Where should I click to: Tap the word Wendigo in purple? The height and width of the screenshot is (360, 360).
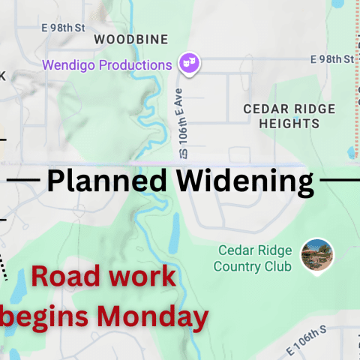point(68,64)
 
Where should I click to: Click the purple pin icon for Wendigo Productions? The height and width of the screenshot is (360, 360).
point(189,64)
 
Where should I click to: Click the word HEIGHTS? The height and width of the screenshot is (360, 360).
point(279,124)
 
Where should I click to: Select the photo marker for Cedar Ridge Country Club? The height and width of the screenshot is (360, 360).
point(316,255)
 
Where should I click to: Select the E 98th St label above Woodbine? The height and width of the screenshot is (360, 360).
point(64,28)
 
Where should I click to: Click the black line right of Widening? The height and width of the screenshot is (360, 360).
point(340,180)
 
